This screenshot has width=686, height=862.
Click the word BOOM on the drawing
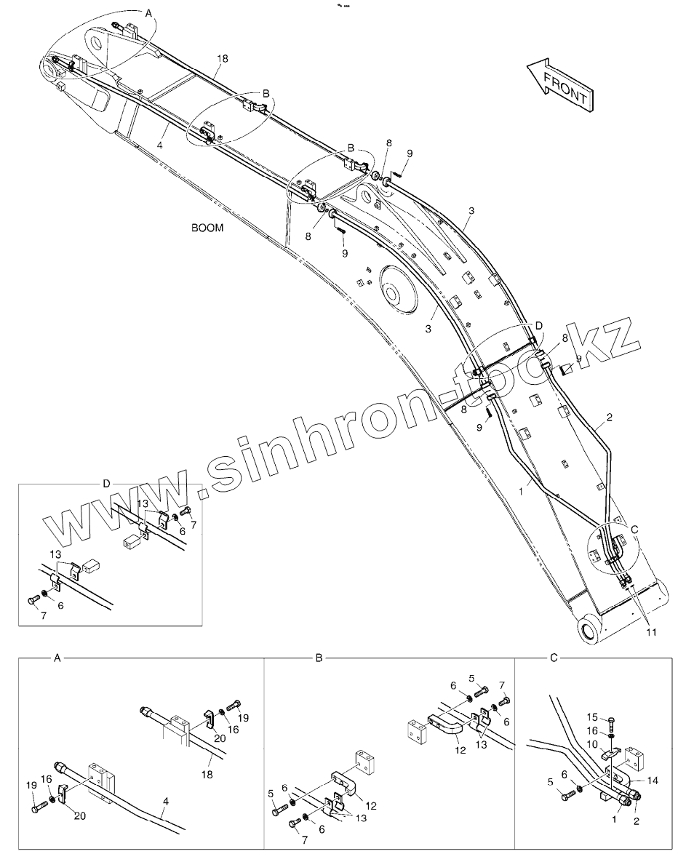click(207, 228)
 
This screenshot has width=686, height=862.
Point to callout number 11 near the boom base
click(650, 632)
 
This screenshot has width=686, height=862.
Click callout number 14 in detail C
click(652, 781)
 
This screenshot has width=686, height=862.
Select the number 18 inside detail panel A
click(207, 775)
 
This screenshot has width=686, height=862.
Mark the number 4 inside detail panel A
click(165, 801)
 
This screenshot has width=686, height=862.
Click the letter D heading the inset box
click(106, 483)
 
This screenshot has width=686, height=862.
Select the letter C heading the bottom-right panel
click(554, 658)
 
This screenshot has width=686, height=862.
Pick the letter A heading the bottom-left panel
click(57, 658)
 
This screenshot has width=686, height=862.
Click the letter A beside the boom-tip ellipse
click(149, 13)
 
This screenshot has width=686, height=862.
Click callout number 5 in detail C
click(550, 782)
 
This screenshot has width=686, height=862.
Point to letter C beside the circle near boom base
click(634, 529)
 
